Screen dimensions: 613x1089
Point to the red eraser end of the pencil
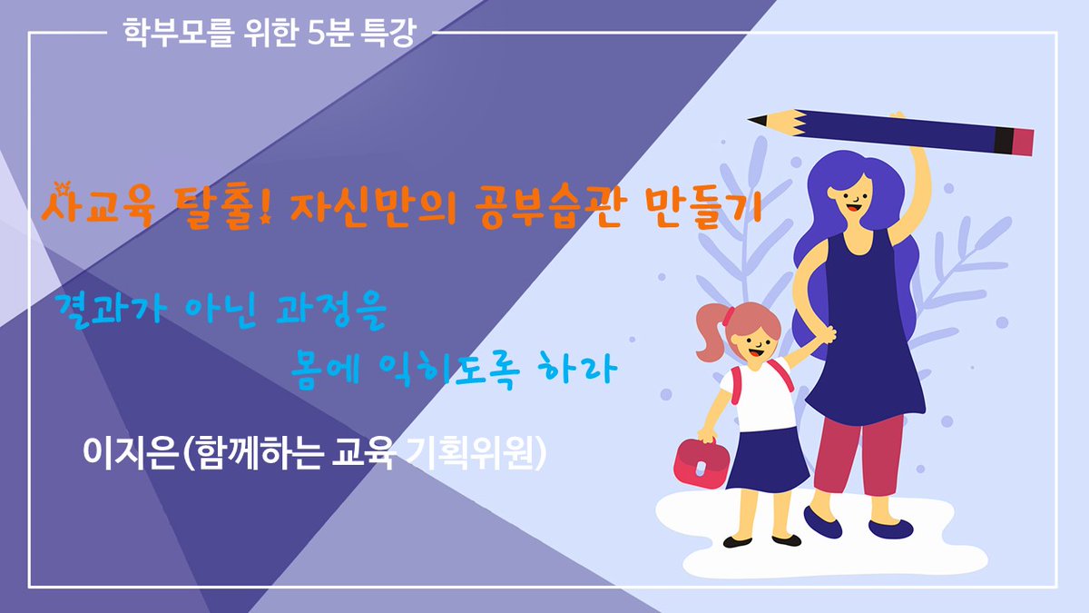[x=1023, y=142]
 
